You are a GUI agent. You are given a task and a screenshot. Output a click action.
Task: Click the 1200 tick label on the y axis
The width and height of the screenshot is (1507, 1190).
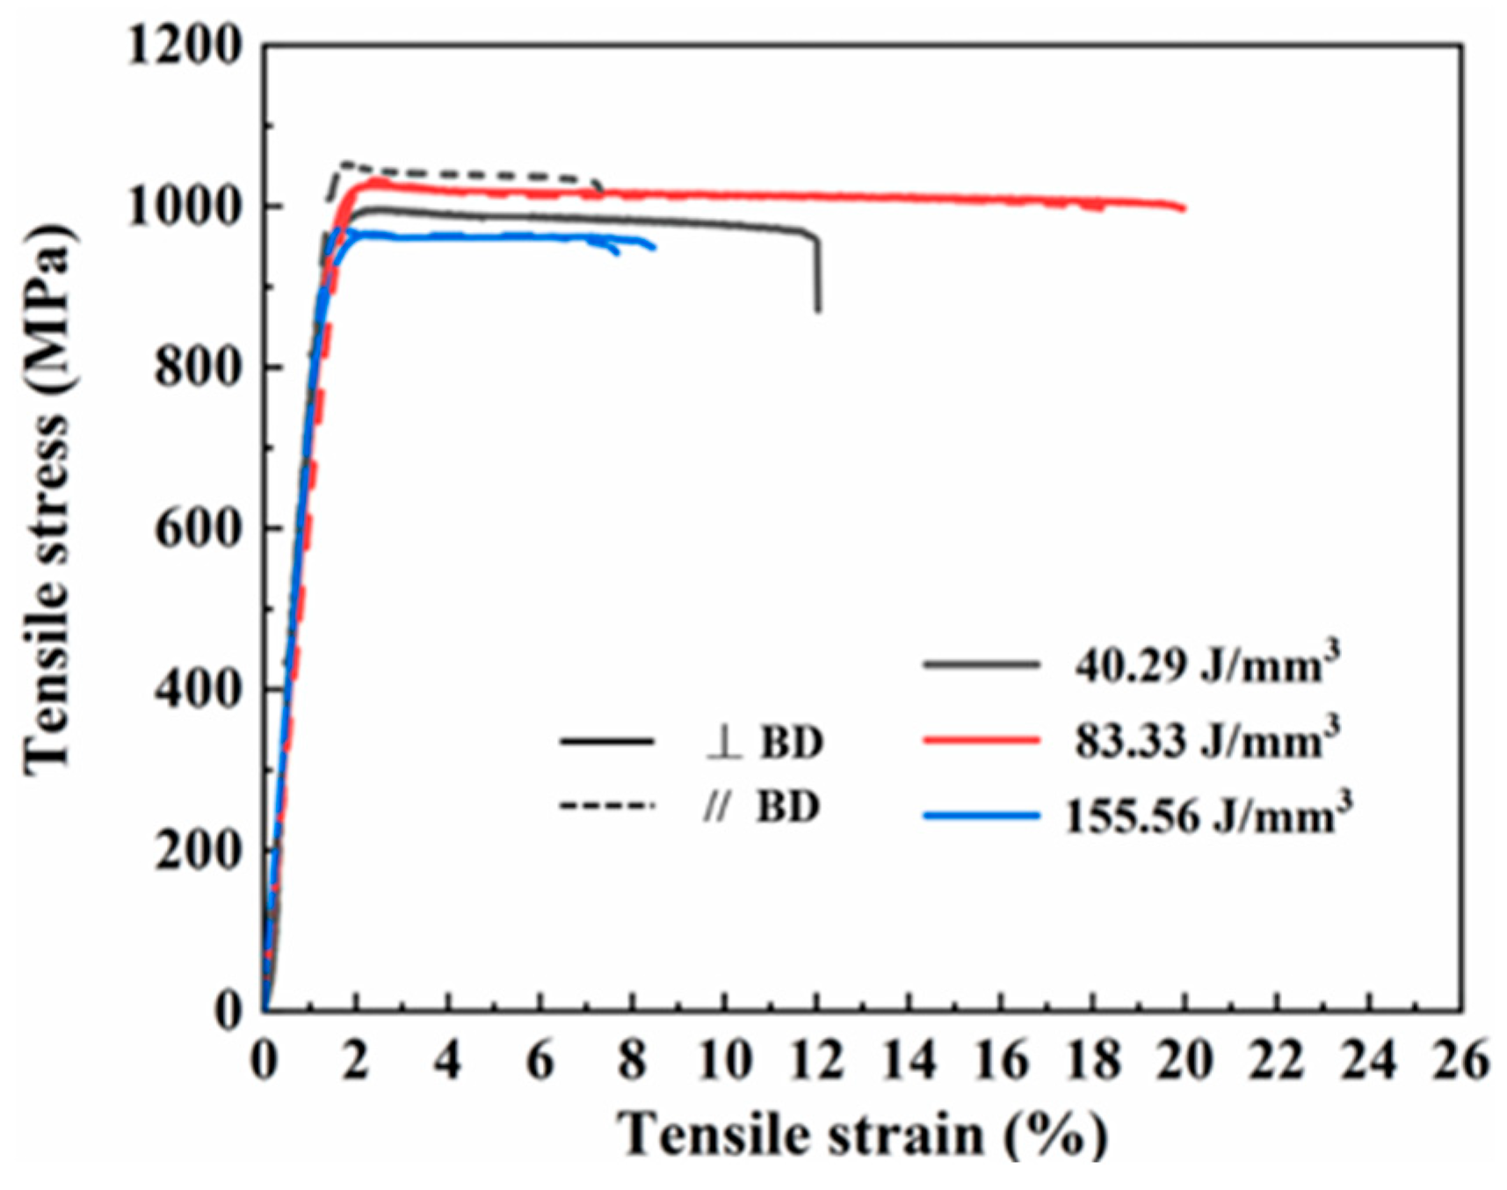tap(184, 46)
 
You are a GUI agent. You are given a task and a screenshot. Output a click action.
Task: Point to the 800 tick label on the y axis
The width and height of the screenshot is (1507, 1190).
tap(197, 366)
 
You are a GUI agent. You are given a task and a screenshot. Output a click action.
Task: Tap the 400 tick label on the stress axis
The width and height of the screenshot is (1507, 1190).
tap(197, 688)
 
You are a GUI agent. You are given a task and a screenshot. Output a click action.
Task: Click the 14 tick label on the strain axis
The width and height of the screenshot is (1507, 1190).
tap(909, 1061)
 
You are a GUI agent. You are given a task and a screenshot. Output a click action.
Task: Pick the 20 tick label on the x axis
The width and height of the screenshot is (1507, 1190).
tap(1185, 1061)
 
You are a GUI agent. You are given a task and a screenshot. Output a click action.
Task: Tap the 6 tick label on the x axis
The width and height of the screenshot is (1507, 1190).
tap(540, 1061)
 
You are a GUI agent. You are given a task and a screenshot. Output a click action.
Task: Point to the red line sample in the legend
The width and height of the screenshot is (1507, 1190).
tap(981, 741)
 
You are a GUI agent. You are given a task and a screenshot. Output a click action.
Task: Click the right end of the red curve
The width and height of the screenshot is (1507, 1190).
tap(1183, 207)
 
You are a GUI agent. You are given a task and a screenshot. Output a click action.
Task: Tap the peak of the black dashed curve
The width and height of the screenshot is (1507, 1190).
tap(344, 163)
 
